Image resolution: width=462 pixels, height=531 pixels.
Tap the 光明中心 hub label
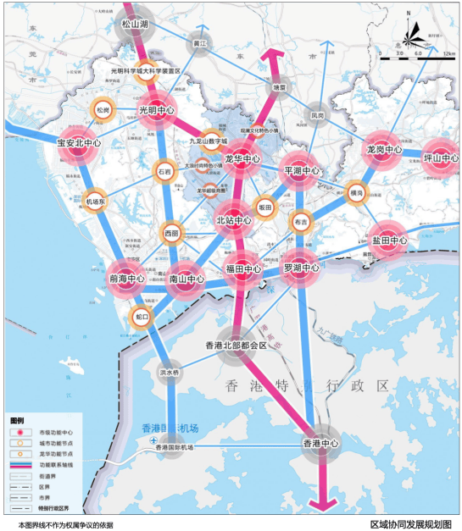157,110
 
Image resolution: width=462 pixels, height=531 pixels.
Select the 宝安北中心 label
79,143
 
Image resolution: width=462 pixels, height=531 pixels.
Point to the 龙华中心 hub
242,158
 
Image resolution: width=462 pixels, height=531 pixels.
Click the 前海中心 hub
126,278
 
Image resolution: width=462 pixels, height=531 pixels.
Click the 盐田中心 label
389,241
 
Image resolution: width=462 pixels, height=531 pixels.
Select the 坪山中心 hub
441,158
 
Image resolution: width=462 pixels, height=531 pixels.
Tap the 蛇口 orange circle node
142,318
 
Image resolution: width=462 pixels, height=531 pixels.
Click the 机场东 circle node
96,202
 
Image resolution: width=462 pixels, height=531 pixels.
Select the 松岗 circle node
103,110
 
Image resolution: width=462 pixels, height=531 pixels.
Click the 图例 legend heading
17,420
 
